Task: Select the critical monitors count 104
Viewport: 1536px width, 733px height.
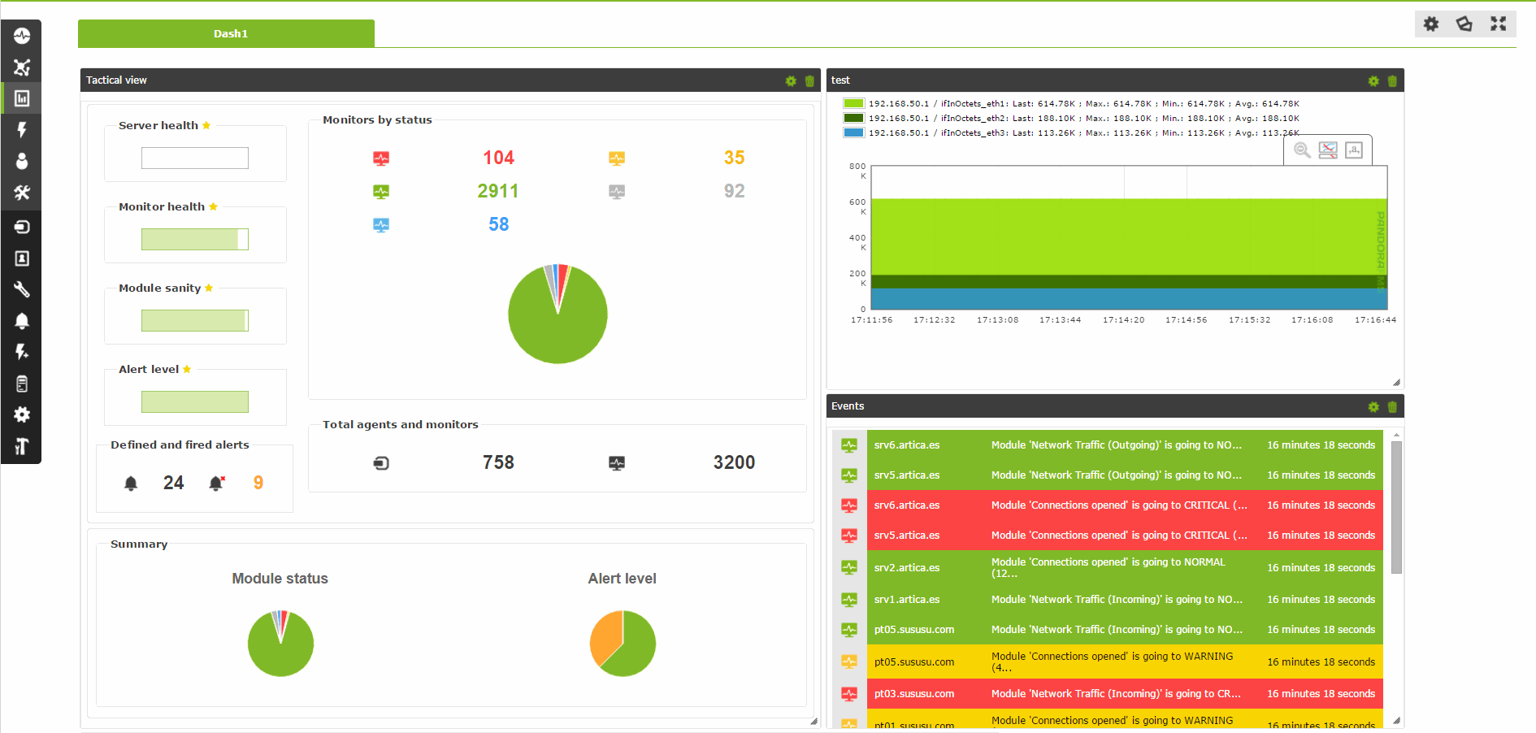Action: point(498,158)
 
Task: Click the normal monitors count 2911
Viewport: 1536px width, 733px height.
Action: point(497,191)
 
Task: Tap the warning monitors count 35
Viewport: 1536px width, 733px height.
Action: point(734,158)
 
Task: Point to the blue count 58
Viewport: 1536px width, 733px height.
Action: point(498,224)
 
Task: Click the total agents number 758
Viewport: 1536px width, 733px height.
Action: point(498,462)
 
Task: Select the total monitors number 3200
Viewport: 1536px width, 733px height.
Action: point(734,462)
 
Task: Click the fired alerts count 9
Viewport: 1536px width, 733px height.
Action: point(258,483)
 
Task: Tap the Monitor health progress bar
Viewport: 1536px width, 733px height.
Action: point(194,239)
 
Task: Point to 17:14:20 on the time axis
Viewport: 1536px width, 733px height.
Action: point(1123,320)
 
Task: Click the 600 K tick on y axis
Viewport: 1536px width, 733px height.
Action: point(858,206)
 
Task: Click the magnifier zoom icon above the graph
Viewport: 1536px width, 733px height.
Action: point(1302,150)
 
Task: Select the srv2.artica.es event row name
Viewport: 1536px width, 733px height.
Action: point(906,568)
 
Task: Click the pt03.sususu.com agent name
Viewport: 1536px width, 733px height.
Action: point(913,694)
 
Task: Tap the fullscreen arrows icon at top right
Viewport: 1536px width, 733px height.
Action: point(1498,24)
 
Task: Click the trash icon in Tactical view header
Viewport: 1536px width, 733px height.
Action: point(809,80)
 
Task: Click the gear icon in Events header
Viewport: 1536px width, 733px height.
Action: point(1373,406)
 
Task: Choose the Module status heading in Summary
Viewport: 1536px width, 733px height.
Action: point(280,579)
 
